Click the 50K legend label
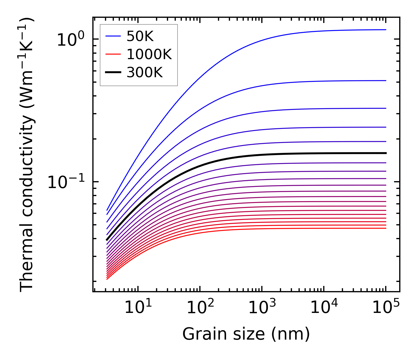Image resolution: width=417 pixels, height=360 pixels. [140, 36]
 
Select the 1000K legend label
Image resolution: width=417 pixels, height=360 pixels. [149, 55]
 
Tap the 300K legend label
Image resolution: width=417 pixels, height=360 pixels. [145, 73]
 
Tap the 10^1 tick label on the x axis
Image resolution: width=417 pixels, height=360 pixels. [138, 308]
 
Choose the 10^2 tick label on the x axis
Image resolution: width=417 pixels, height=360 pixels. [200, 308]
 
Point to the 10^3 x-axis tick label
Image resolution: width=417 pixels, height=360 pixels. [262, 308]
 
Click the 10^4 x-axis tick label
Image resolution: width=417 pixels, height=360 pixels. [324, 308]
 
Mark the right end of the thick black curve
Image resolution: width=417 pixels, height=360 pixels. [386, 153]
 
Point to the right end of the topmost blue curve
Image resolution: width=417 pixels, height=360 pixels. [386, 30]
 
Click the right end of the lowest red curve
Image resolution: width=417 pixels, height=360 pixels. [386, 228]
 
